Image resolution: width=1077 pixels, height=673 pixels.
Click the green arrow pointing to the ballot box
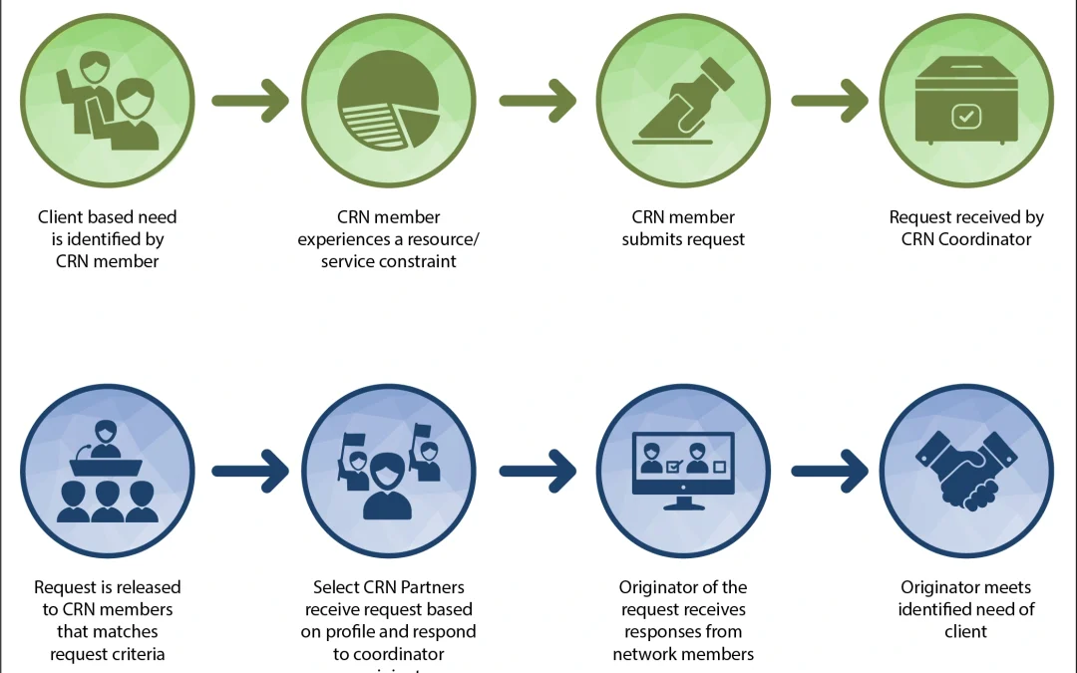830,101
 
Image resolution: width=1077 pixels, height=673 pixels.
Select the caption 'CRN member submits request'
684,227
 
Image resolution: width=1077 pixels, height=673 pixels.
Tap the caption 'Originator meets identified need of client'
965,608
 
